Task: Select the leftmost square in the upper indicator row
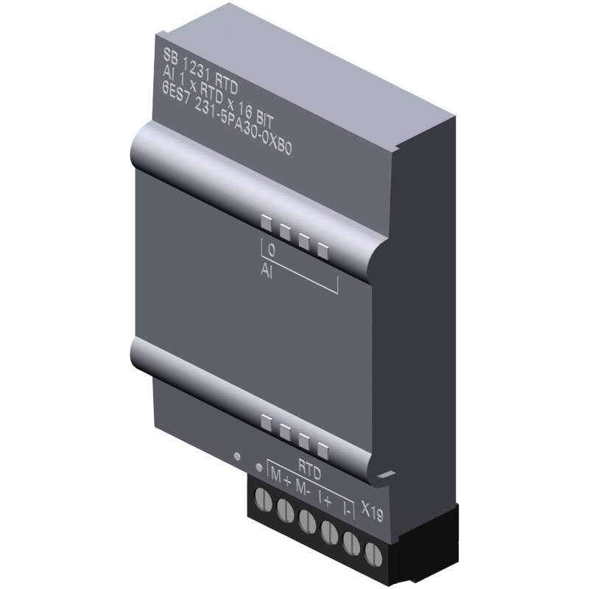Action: click(x=265, y=220)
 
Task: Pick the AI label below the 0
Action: click(x=267, y=271)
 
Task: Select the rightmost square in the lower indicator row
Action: click(x=322, y=448)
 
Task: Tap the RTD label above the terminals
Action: click(x=309, y=465)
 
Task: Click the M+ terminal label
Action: click(x=281, y=478)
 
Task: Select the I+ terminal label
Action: click(x=325, y=498)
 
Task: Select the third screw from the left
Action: click(x=306, y=516)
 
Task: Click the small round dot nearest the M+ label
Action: click(x=258, y=466)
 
